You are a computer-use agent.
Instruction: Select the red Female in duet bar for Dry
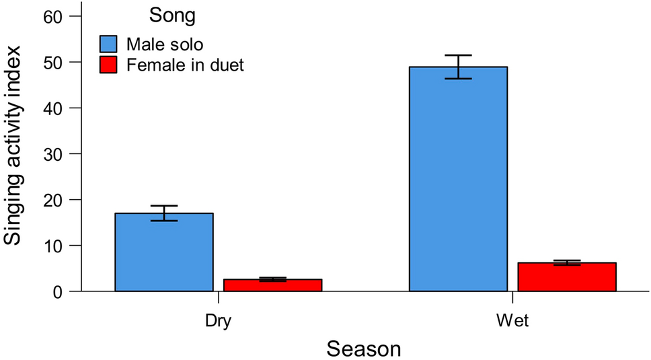tap(272, 285)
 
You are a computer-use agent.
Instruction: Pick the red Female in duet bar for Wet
tap(566, 277)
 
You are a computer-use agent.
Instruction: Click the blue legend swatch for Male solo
tap(109, 44)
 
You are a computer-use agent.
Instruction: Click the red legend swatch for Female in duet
tap(109, 65)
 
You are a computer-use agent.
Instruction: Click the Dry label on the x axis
tap(218, 321)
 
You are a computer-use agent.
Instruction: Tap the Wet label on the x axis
tap(512, 321)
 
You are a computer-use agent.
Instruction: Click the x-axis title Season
tap(363, 349)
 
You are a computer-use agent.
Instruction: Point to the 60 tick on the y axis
tap(53, 16)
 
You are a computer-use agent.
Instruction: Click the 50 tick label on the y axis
tap(53, 62)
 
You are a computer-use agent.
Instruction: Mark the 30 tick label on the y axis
tap(53, 154)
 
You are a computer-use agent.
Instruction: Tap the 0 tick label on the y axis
tap(58, 292)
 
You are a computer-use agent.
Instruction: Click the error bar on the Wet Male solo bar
tap(458, 67)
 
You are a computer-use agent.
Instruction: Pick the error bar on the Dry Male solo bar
tap(164, 213)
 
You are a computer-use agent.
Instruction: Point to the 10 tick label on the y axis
tap(53, 246)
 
